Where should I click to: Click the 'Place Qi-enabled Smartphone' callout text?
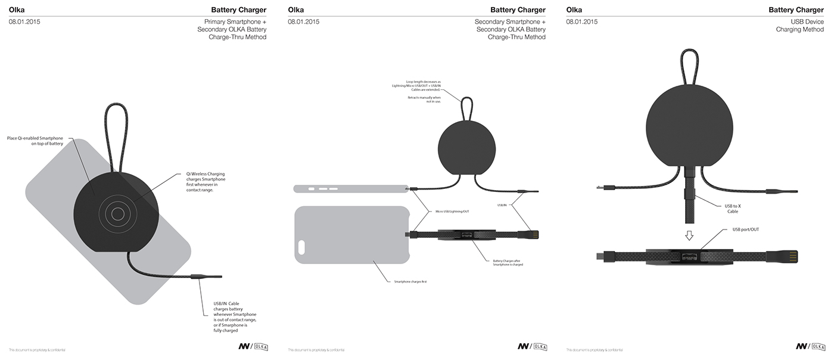[35, 141]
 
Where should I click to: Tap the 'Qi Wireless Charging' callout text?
[202, 182]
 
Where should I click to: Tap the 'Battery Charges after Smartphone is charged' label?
[508, 262]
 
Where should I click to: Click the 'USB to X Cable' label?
[733, 208]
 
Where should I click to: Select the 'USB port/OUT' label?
[746, 229]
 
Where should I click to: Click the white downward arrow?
[689, 235]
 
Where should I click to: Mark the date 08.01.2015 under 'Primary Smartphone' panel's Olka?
[24, 22]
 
